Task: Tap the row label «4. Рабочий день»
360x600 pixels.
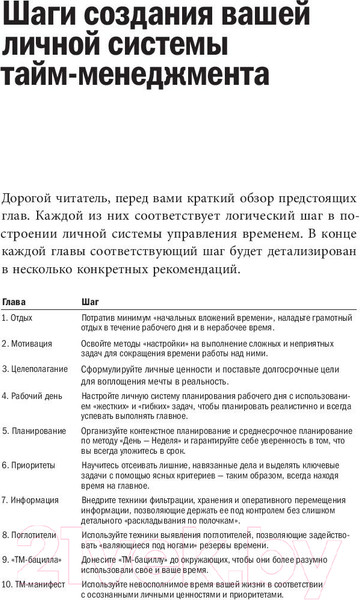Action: coord(31,396)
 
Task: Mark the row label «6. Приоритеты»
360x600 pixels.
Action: coord(29,465)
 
